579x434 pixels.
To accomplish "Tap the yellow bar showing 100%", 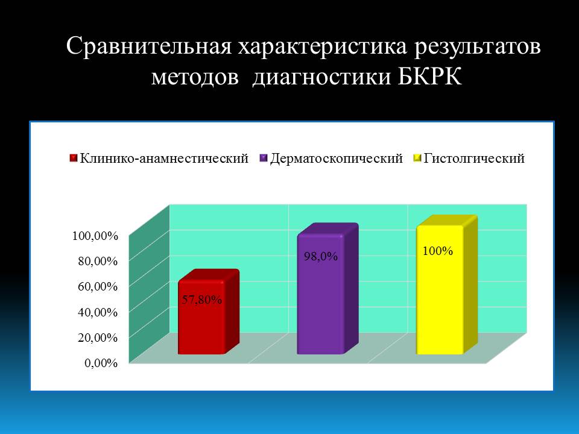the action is [x=447, y=285].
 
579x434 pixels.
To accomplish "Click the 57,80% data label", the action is [x=201, y=300].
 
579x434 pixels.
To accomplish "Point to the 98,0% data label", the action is [x=321, y=257].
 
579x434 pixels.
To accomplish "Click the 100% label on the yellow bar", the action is [x=438, y=251].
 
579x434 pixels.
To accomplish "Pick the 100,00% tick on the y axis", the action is [x=95, y=236].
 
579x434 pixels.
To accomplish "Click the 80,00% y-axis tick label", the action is [x=98, y=261].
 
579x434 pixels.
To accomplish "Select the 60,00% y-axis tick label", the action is [x=98, y=286].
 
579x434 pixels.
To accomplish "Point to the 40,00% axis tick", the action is [x=98, y=312].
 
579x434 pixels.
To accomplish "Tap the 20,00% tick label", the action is [x=98, y=338].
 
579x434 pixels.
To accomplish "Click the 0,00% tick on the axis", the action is [x=101, y=363].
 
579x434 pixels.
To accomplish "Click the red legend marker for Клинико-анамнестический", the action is [x=74, y=159].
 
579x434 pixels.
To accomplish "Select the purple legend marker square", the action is [x=264, y=159].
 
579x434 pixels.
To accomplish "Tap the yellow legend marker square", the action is [x=417, y=159].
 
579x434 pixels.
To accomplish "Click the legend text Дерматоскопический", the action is [x=337, y=159].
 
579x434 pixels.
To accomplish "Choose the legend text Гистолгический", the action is [x=474, y=159].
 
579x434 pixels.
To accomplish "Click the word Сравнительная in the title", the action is [x=149, y=47].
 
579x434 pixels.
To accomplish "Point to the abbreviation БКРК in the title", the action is [x=429, y=77].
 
